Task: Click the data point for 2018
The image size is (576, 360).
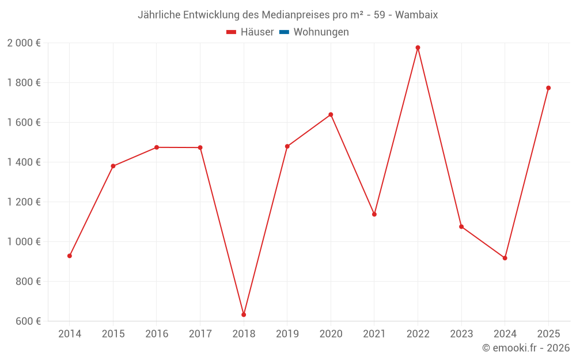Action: pyautogui.click(x=244, y=314)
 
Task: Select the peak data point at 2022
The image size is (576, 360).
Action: pyautogui.click(x=418, y=48)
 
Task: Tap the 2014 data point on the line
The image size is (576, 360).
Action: pyautogui.click(x=70, y=256)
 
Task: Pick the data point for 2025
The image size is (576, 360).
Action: pyautogui.click(x=548, y=88)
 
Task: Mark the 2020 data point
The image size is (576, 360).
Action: pyautogui.click(x=331, y=115)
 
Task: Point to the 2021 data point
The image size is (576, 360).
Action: pyautogui.click(x=374, y=214)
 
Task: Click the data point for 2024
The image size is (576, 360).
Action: pyautogui.click(x=505, y=258)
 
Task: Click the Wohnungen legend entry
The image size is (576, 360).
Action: pyautogui.click(x=321, y=32)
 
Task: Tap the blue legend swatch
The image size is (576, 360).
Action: pyautogui.click(x=284, y=32)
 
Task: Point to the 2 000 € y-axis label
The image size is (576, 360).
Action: pyautogui.click(x=24, y=43)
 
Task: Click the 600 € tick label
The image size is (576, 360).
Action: pyautogui.click(x=28, y=321)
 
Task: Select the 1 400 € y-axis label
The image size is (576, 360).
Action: pyautogui.click(x=24, y=162)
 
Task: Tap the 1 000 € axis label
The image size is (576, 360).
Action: pyautogui.click(x=24, y=242)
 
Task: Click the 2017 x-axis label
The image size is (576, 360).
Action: pyautogui.click(x=200, y=334)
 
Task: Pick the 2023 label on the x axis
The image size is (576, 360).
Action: pyautogui.click(x=461, y=334)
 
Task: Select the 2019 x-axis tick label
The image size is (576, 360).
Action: pyautogui.click(x=287, y=334)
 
